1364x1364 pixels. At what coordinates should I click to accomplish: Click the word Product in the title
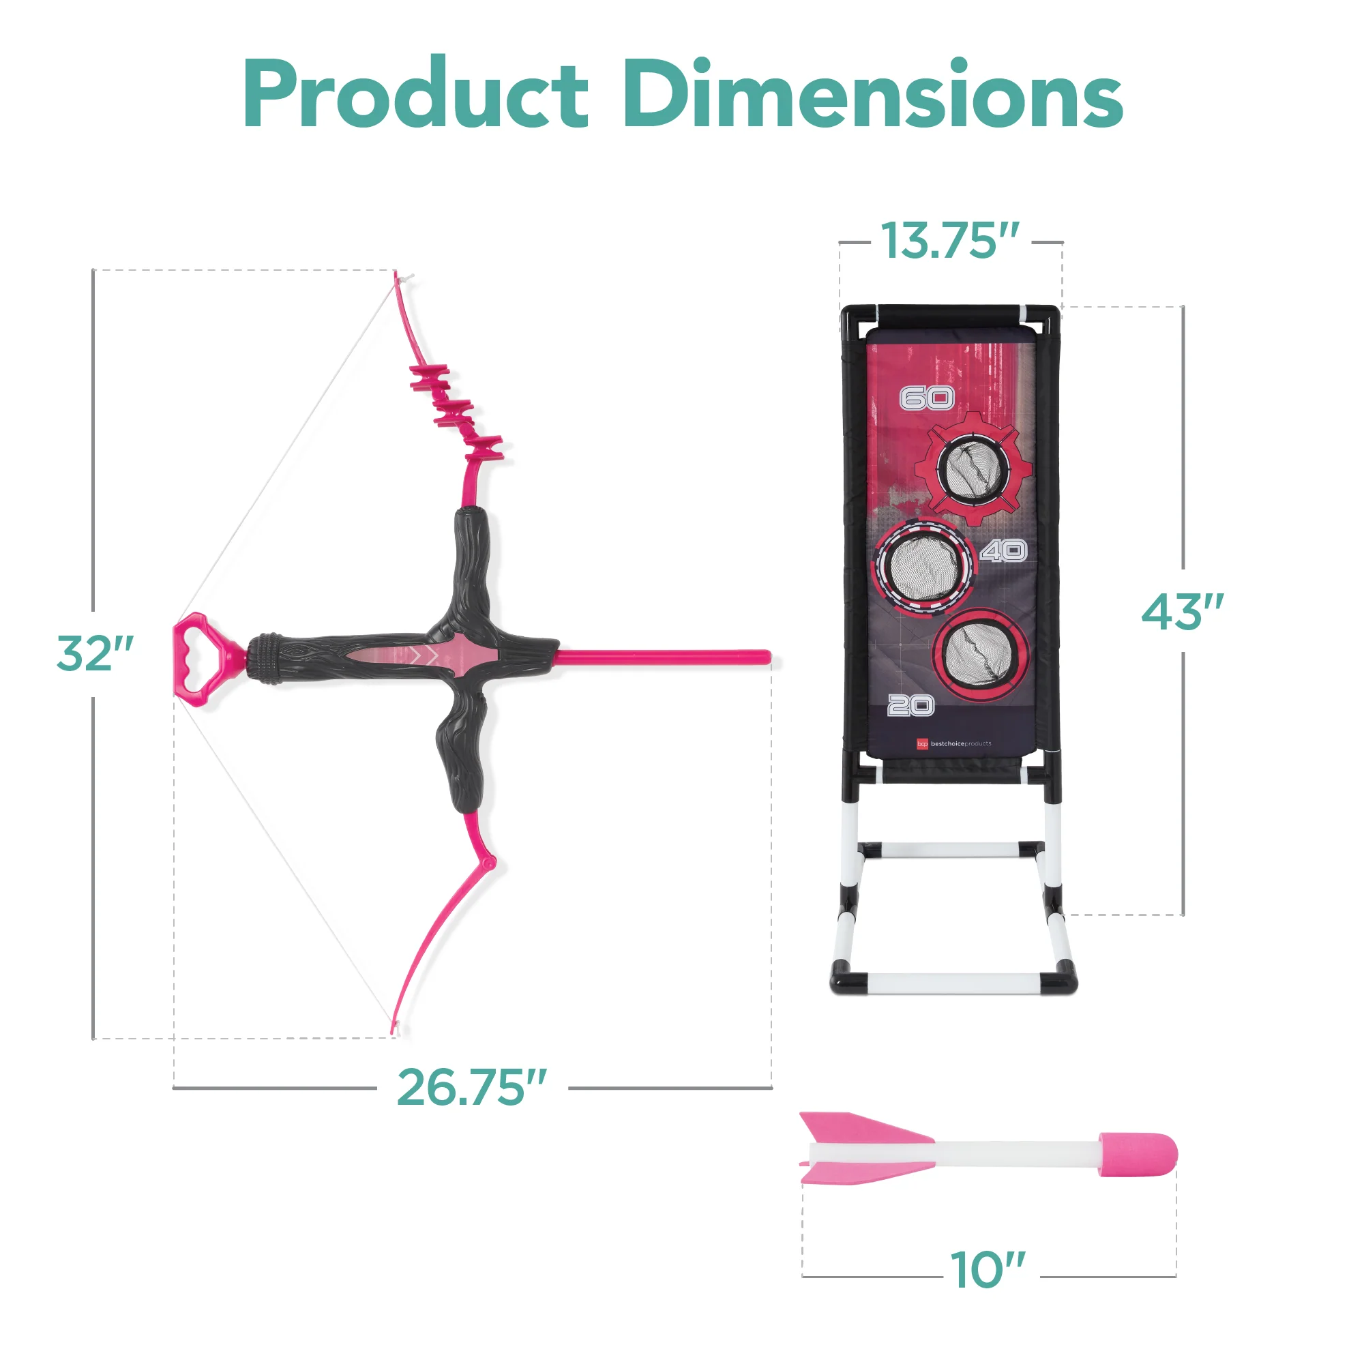coord(416,94)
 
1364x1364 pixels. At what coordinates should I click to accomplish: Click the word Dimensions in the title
coord(873,94)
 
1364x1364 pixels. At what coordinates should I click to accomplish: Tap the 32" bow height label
coord(95,653)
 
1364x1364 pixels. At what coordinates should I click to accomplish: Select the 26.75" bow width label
coord(472,1086)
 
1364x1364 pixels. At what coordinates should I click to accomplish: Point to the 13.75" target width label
coord(950,241)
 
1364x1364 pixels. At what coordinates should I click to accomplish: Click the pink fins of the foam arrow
coord(865,1148)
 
